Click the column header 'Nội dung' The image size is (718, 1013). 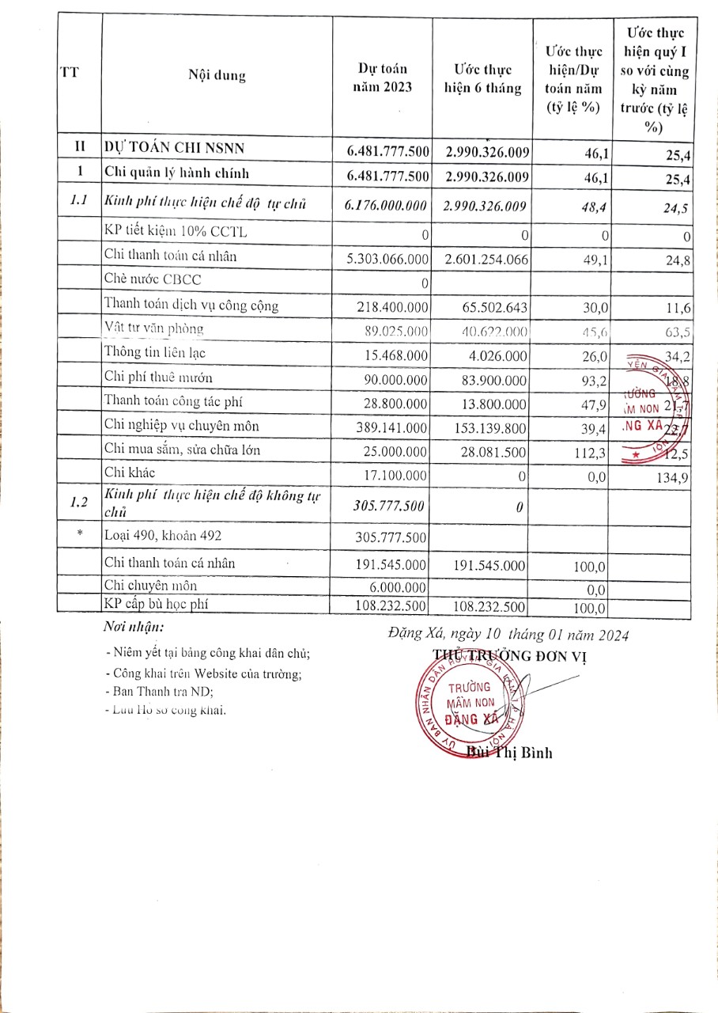point(217,76)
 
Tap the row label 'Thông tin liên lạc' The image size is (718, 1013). point(155,353)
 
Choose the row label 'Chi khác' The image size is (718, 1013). point(129,472)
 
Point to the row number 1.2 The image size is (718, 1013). point(78,502)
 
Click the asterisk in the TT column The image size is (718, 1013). point(78,536)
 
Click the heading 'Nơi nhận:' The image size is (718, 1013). point(134,627)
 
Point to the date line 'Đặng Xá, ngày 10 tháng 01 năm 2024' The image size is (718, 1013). point(509,634)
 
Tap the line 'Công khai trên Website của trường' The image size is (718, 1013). point(203,674)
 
